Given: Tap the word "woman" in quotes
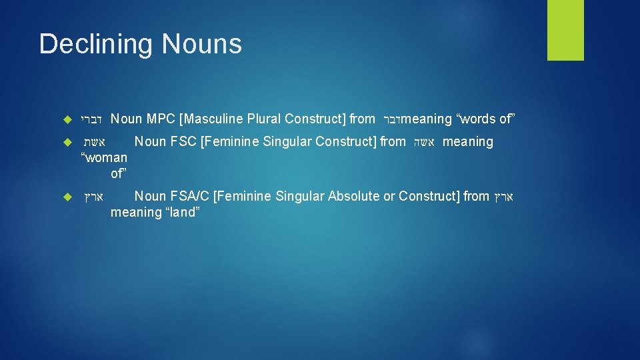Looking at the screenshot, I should tap(104, 158).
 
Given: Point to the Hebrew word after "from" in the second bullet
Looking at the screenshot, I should tap(423, 142).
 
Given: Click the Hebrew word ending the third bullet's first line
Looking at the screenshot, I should tap(504, 197).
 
